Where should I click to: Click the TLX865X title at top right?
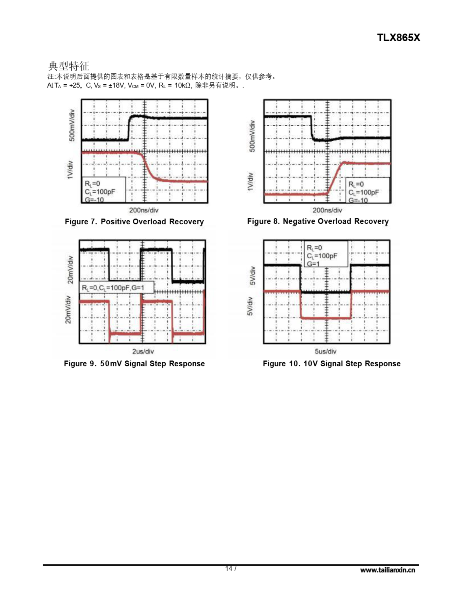pos(398,38)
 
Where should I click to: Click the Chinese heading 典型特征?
pos(68,66)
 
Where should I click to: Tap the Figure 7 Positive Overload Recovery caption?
pos(134,221)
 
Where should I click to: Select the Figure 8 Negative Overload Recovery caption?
pos(318,221)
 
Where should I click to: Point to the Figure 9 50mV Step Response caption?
pos(134,364)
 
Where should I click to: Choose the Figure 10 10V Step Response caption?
pos(331,364)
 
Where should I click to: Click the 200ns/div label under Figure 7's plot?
pos(143,210)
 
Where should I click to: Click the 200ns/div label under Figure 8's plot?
pos(327,210)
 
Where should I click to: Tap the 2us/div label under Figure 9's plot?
pos(143,351)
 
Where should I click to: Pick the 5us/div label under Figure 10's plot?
pos(325,351)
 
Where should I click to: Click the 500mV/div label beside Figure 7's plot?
pos(72,125)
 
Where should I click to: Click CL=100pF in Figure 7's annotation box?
pos(100,192)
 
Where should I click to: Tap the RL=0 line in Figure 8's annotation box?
pos(356,184)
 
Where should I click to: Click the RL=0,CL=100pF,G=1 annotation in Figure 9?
pos(113,288)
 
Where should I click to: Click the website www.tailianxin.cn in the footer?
pos(387,570)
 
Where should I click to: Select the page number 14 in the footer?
pos(229,568)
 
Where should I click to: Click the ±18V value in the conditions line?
pos(117,85)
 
